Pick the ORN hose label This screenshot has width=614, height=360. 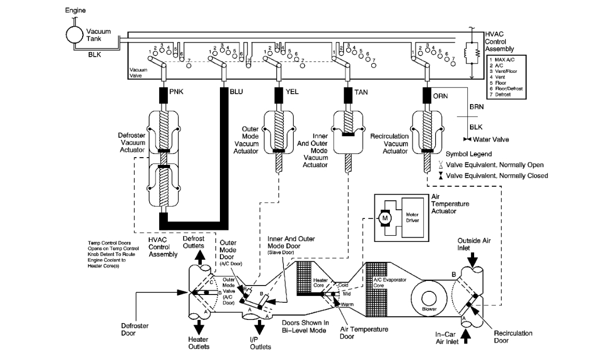coord(441,96)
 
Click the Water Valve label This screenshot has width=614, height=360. coord(491,139)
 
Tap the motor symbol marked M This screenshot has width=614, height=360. coord(385,217)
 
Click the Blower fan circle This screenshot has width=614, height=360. coord(429,298)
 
